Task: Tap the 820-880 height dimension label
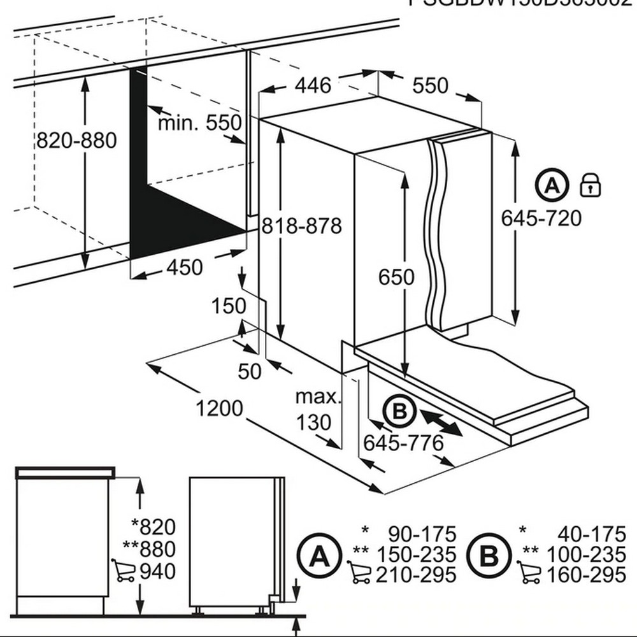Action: click(76, 140)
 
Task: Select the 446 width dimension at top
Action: click(314, 85)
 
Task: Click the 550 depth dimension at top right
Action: click(430, 85)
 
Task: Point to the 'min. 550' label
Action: click(200, 122)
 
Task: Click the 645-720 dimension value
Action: click(541, 218)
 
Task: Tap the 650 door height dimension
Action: click(396, 277)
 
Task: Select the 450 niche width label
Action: click(184, 268)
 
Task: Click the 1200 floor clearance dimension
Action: click(219, 408)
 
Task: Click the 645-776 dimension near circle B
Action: click(403, 442)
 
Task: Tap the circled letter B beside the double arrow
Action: click(399, 413)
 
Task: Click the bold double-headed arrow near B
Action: click(441, 423)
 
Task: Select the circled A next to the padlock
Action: click(552, 185)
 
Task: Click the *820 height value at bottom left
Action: click(153, 527)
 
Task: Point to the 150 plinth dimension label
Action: click(229, 306)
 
